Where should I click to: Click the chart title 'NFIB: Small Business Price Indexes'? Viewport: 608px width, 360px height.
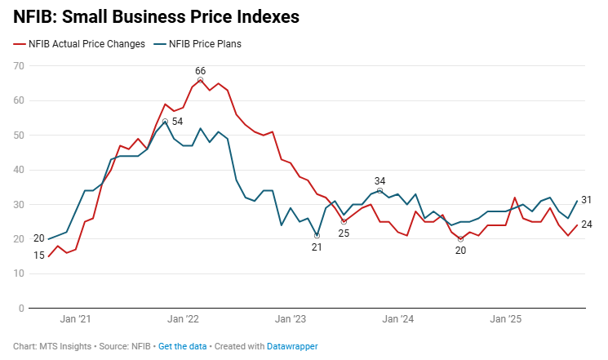tap(156, 16)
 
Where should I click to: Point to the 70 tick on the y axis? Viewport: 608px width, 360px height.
tap(18, 65)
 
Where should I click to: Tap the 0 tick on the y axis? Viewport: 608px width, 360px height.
tap(21, 309)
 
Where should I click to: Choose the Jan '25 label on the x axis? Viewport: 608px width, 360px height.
tap(503, 320)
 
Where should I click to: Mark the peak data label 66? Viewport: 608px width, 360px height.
tap(200, 71)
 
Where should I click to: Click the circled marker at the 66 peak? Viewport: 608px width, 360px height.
tap(200, 80)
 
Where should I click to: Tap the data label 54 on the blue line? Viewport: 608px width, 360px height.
tap(177, 121)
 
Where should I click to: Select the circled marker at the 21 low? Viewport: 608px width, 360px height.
tap(317, 236)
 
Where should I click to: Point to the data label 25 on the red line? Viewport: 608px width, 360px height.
tap(344, 233)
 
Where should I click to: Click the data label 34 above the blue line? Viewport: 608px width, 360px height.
tap(379, 180)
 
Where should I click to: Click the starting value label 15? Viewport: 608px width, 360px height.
tap(39, 256)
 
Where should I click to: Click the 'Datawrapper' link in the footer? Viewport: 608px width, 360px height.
tap(292, 346)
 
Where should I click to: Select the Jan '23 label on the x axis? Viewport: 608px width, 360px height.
tap(290, 320)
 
